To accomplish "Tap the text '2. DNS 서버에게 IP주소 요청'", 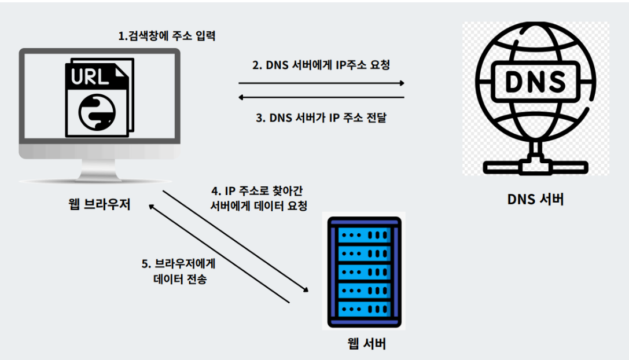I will click(321, 65).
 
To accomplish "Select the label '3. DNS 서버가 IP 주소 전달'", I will click(321, 117).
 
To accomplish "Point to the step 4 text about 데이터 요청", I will click(259, 198).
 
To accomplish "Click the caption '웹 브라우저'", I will click(99, 204).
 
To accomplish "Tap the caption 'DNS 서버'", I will click(535, 200).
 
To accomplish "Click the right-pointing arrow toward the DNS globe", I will click(321, 83).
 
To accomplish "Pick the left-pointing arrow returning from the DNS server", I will click(321, 98).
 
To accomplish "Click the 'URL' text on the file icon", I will click(90, 77).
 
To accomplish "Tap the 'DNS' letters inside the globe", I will click(535, 82).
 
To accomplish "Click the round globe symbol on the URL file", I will click(93, 112).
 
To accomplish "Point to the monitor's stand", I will click(100, 170).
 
